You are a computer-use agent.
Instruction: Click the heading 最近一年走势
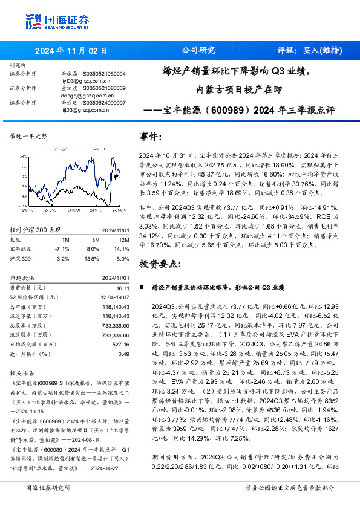28,137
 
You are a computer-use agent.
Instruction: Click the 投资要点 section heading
161,265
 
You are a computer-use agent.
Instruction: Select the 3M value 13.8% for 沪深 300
92,258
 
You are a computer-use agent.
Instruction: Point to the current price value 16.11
123,289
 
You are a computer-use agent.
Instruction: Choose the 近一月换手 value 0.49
123,354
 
